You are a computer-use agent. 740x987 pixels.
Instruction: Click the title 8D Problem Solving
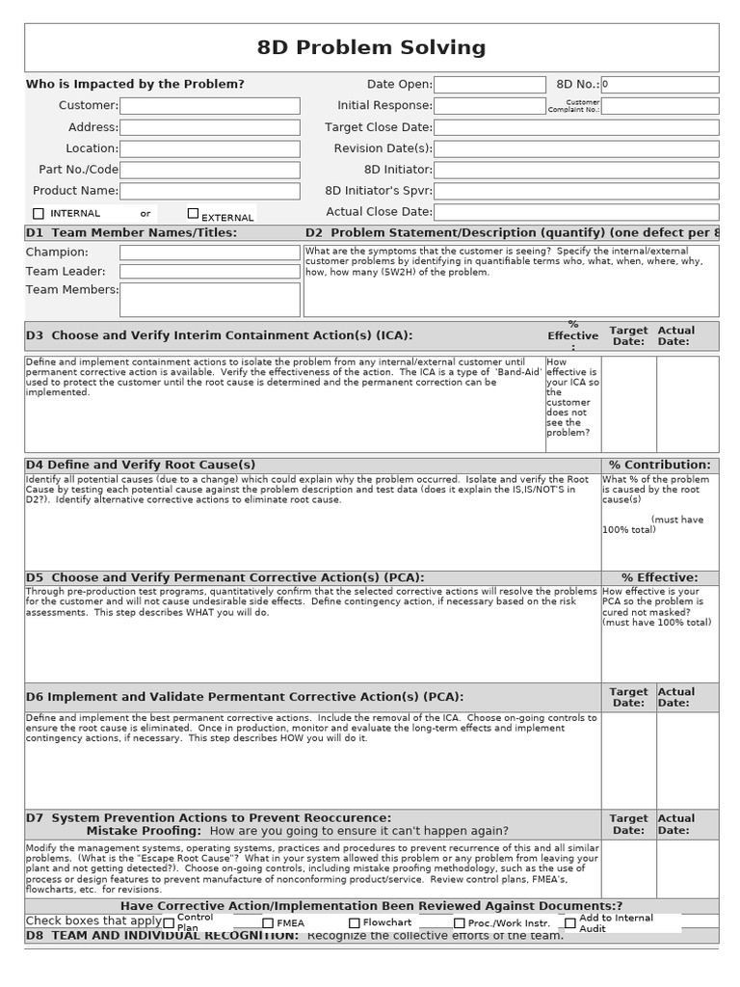tap(371, 48)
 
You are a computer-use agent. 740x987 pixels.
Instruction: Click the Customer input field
tap(209, 106)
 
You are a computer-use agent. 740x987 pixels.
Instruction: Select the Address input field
tap(209, 127)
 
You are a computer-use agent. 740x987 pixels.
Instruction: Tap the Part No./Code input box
tap(209, 170)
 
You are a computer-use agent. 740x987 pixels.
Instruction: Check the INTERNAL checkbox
tap(39, 213)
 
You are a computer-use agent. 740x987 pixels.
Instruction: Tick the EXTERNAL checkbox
tap(193, 213)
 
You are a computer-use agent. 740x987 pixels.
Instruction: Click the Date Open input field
tap(490, 85)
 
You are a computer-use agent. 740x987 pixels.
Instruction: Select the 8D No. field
tap(659, 85)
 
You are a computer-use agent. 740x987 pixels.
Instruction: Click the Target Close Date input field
tap(576, 127)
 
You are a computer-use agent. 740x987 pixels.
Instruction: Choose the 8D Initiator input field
tap(576, 170)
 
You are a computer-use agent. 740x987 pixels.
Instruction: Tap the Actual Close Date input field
tap(576, 212)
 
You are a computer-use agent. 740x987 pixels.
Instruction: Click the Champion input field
tap(209, 253)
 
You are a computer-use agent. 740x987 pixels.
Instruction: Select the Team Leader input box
tap(209, 272)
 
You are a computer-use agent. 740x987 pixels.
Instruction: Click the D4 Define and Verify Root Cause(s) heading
tap(141, 465)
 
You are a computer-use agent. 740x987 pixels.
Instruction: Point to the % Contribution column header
tap(659, 465)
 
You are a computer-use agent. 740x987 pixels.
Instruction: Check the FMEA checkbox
tap(268, 923)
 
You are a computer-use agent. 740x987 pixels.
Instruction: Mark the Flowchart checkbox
tap(355, 923)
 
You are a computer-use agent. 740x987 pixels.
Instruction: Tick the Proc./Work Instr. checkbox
tap(460, 923)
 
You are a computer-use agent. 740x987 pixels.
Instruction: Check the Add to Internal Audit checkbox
tap(570, 923)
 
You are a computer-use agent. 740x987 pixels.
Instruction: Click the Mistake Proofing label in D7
tap(144, 831)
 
